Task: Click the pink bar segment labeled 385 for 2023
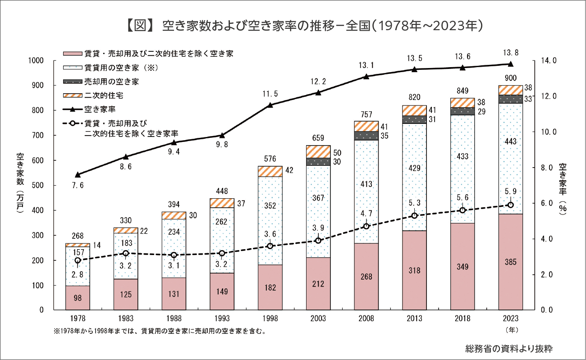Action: pos(510,262)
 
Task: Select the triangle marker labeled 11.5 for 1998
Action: pos(270,105)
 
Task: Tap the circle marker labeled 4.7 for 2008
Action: pos(366,226)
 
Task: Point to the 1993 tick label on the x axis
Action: pos(222,319)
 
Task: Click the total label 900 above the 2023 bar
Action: pos(510,77)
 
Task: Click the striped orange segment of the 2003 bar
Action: pos(318,151)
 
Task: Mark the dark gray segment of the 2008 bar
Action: pos(366,135)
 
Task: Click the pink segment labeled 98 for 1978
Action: pos(78,298)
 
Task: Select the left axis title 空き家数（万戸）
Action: pos(20,185)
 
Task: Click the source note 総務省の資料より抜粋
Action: pos(509,348)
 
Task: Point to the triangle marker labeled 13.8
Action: pos(510,64)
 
